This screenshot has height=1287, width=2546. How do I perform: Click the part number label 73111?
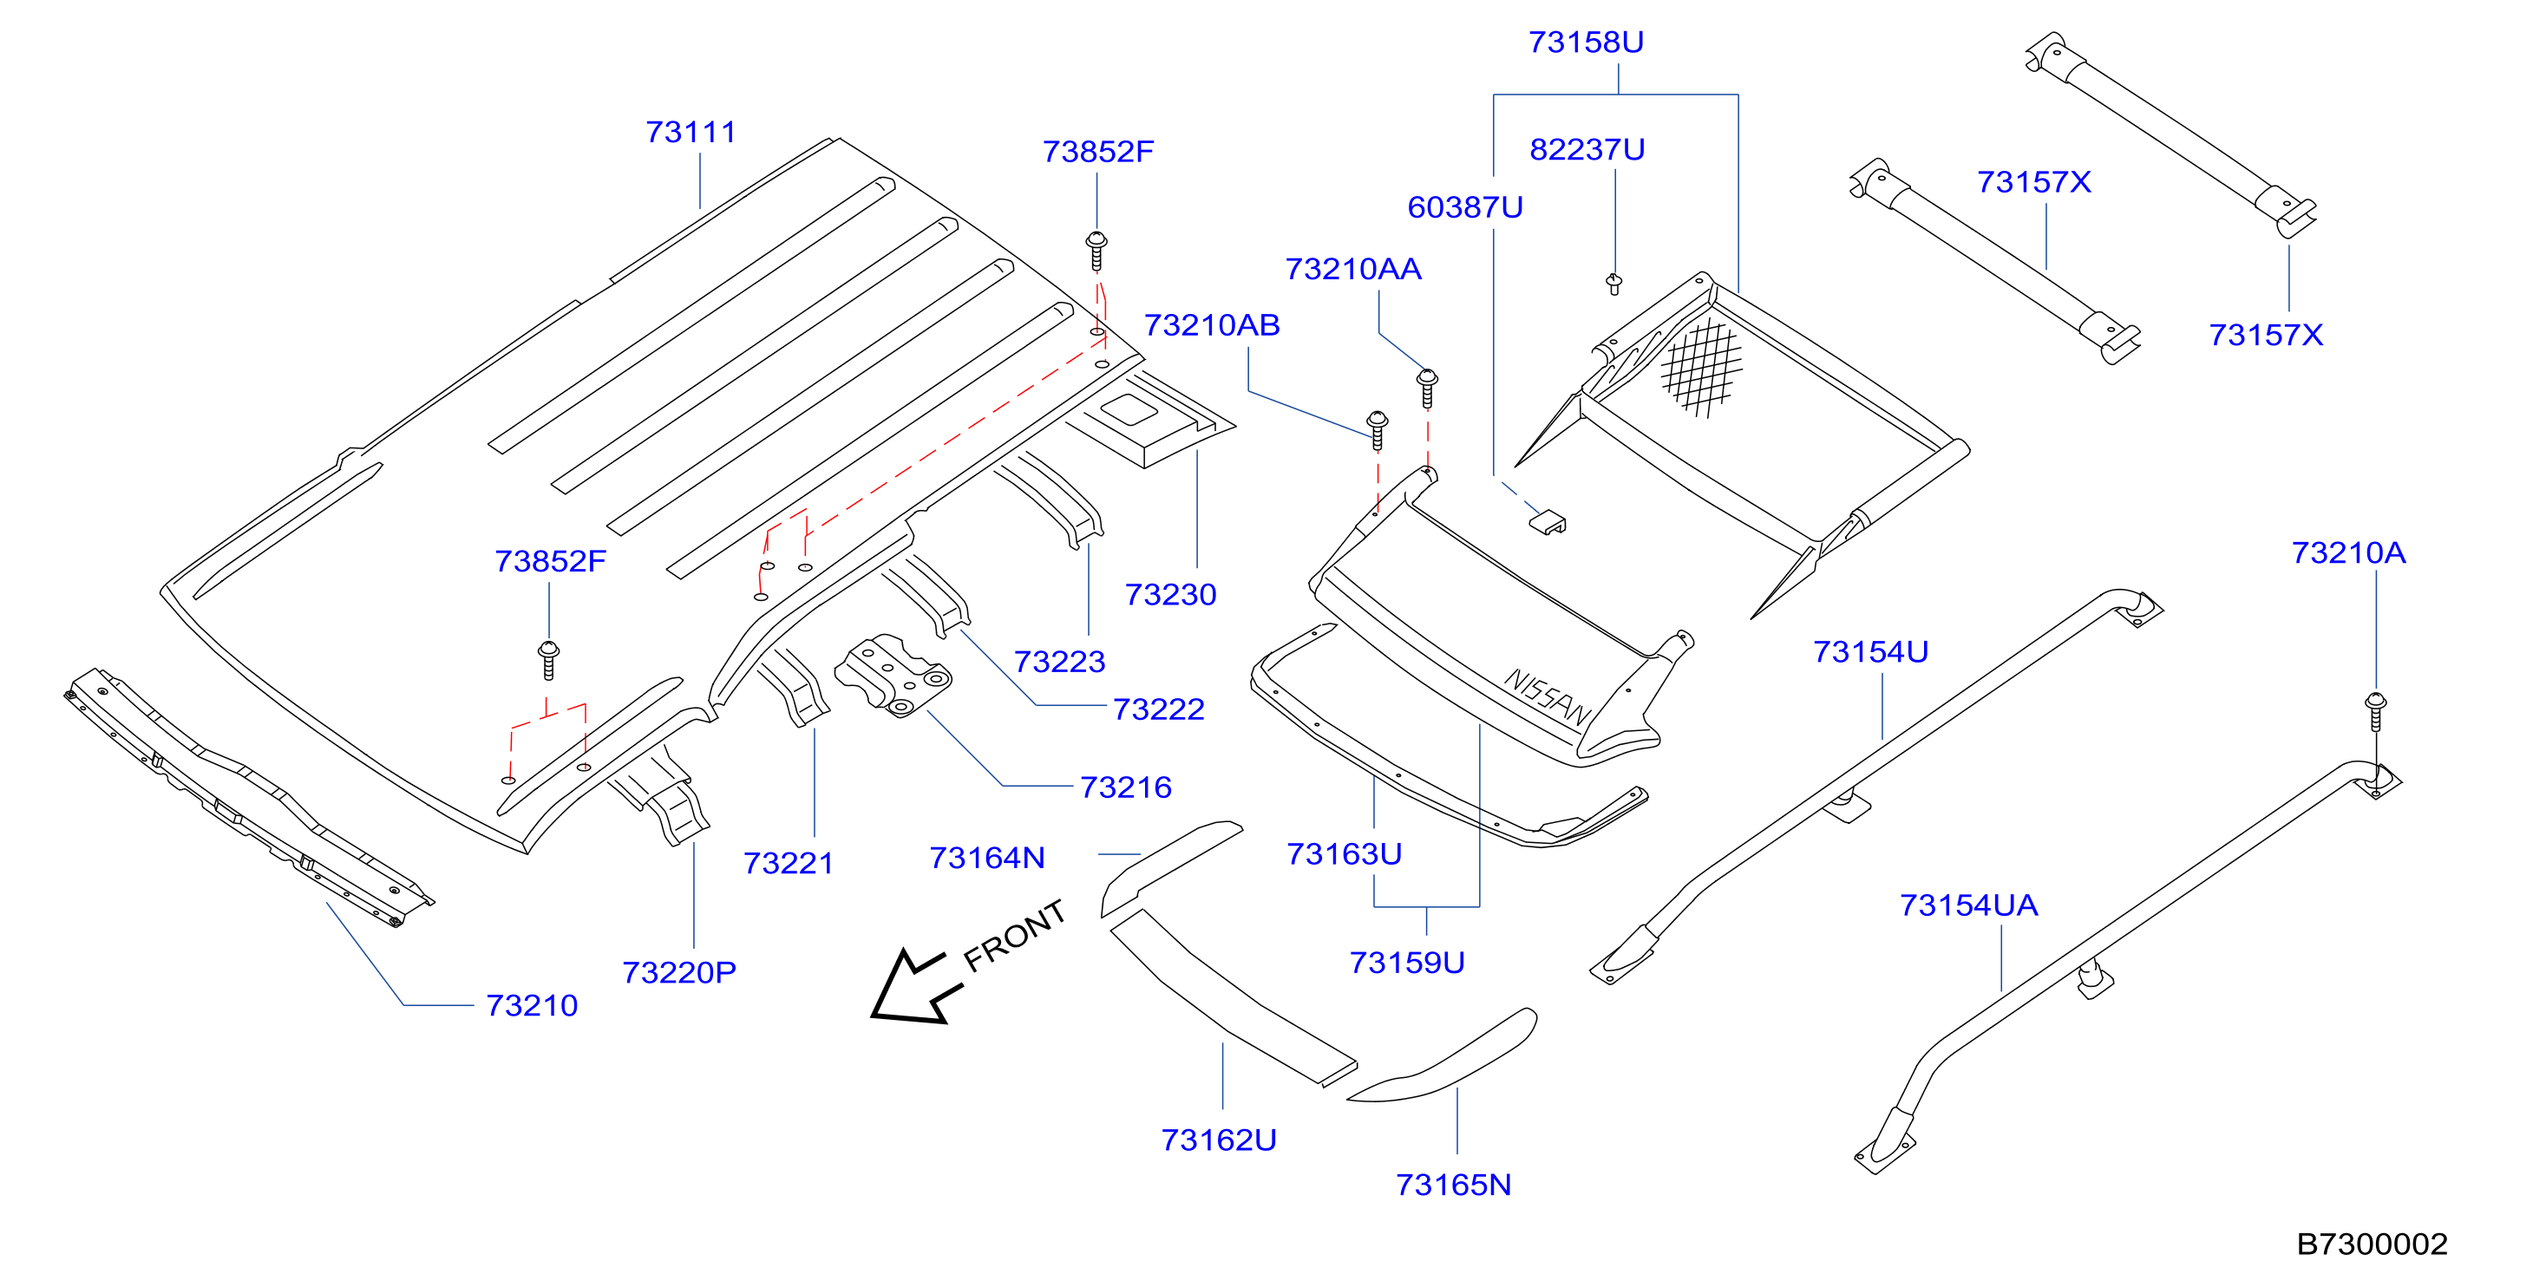click(x=690, y=132)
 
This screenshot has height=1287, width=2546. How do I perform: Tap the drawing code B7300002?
click(x=2372, y=1244)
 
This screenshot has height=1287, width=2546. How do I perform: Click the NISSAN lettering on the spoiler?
click(x=1548, y=696)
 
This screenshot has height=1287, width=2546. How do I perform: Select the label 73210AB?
click(x=1212, y=324)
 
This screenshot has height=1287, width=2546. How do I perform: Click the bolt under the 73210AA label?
click(x=1427, y=388)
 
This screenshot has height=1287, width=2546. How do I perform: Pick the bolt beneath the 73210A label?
click(x=2376, y=712)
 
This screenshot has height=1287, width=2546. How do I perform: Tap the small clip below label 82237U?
click(x=1614, y=284)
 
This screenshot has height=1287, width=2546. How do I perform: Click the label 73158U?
click(x=1587, y=42)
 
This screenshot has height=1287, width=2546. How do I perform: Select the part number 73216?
click(x=1126, y=787)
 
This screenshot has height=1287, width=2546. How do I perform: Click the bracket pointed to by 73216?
click(x=893, y=675)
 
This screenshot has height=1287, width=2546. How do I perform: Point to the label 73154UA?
click(x=1969, y=905)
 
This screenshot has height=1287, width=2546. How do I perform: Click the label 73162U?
click(x=1219, y=1140)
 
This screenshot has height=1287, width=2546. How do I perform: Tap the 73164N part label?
click(x=987, y=857)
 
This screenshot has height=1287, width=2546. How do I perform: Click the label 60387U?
click(x=1465, y=206)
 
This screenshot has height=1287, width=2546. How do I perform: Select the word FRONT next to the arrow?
click(x=1014, y=935)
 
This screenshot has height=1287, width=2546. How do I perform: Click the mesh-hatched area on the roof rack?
click(x=1701, y=368)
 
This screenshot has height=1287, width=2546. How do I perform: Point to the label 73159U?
click(x=1407, y=962)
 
